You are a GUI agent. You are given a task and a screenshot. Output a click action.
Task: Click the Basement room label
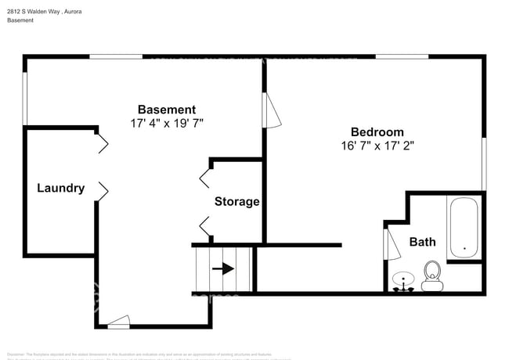(167, 110)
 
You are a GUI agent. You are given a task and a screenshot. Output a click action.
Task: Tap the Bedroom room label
(377, 132)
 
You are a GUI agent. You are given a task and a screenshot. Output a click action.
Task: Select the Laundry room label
(61, 188)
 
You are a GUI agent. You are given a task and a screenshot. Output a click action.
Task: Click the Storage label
(236, 201)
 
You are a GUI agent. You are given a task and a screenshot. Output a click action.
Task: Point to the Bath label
(423, 242)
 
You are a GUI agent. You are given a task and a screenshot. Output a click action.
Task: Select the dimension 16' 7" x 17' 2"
(377, 146)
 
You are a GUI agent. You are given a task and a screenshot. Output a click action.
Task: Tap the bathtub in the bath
(464, 228)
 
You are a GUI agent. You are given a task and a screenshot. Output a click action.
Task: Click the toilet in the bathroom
(431, 275)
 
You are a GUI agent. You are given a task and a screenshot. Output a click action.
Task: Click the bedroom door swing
(272, 110)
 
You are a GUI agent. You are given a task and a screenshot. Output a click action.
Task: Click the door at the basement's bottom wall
(118, 320)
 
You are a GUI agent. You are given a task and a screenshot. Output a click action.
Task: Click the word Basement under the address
(20, 21)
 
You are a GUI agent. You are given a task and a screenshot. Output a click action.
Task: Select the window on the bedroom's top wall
(402, 56)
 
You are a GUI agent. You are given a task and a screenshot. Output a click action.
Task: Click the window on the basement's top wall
(115, 56)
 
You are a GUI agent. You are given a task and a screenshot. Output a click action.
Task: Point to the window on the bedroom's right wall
(484, 164)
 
